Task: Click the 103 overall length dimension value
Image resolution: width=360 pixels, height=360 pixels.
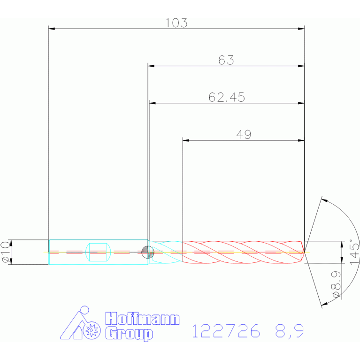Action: pyautogui.click(x=176, y=23)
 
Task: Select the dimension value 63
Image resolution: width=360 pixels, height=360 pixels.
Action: pyautogui.click(x=226, y=60)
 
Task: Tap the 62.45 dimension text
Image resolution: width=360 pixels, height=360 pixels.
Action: pyautogui.click(x=227, y=97)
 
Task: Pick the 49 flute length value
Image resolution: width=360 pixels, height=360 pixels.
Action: pyautogui.click(x=244, y=135)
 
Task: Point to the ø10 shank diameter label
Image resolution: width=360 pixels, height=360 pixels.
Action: pyautogui.click(x=6, y=252)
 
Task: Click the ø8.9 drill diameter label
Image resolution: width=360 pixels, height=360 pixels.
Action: pyautogui.click(x=336, y=284)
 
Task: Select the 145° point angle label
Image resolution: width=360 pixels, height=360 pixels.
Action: pyautogui.click(x=354, y=252)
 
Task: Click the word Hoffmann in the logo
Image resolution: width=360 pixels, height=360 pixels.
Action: pyautogui.click(x=142, y=318)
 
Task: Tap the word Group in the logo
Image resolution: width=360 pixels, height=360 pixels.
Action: pyautogui.click(x=129, y=334)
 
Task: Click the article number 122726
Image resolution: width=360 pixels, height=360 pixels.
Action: pyautogui.click(x=226, y=331)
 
